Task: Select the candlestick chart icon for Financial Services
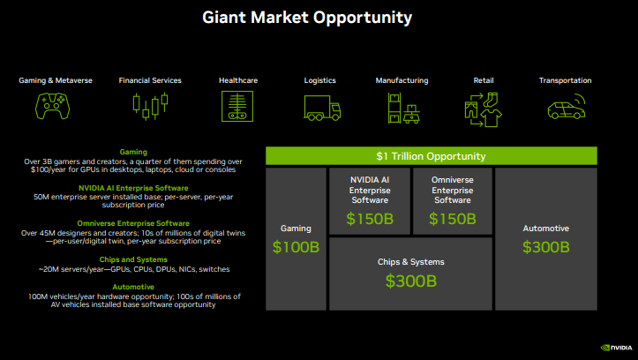[x=150, y=107]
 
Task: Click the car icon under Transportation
[x=565, y=109]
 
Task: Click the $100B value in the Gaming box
[x=296, y=246]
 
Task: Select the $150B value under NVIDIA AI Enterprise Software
[x=370, y=218]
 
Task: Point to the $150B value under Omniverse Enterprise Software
[x=454, y=218]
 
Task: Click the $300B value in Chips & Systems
[x=410, y=281]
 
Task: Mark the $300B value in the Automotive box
[x=545, y=247]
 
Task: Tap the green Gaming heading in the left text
[x=133, y=152]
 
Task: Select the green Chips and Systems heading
[x=133, y=259]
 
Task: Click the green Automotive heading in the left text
[x=133, y=287]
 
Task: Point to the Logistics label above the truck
[x=320, y=80]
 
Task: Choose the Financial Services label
[x=150, y=80]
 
